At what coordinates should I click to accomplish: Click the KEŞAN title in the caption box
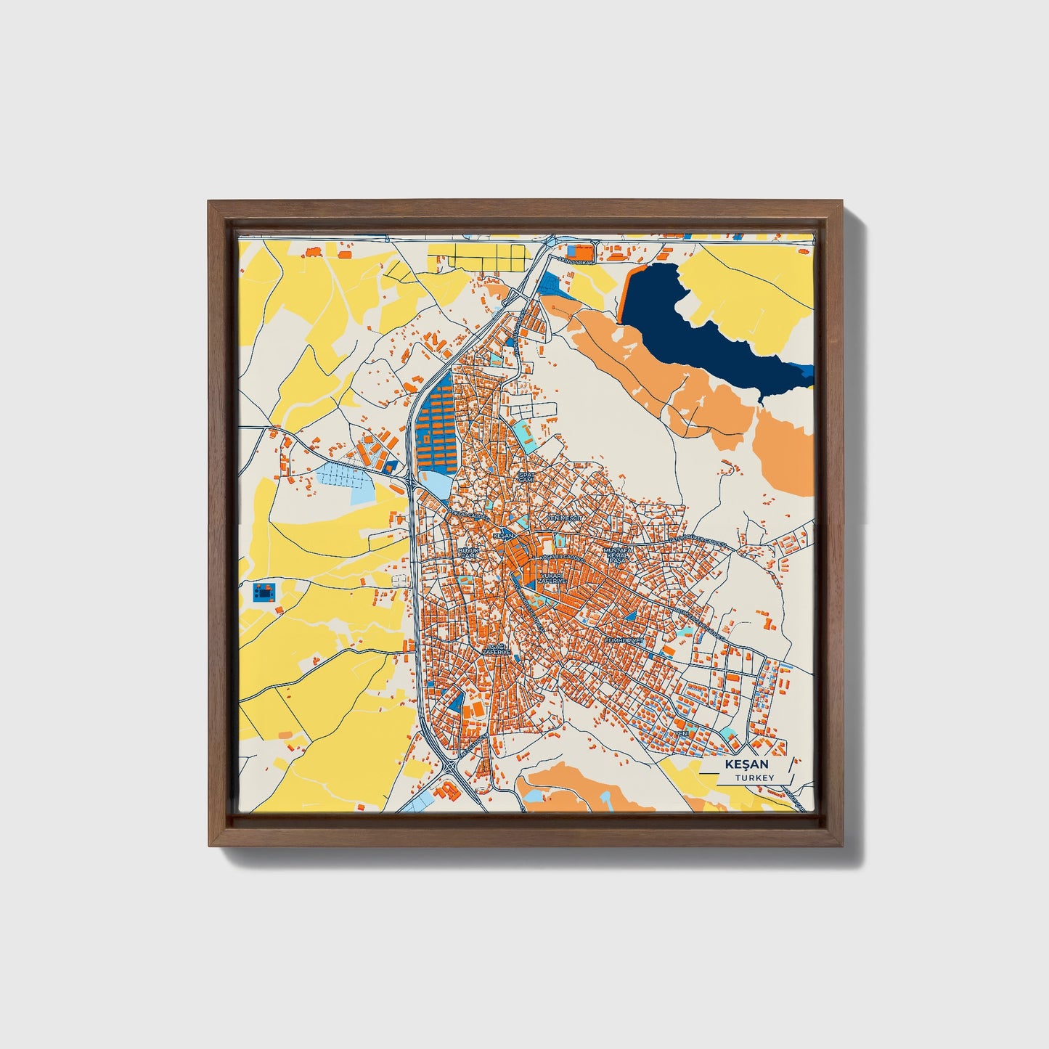[746, 764]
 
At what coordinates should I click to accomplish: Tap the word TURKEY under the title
[754, 777]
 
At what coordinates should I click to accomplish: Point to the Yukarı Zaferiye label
[552, 578]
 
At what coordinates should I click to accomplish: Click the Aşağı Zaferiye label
[497, 649]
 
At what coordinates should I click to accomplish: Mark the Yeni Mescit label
[566, 518]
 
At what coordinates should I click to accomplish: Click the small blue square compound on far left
[264, 592]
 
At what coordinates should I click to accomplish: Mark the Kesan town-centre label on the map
[502, 535]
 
